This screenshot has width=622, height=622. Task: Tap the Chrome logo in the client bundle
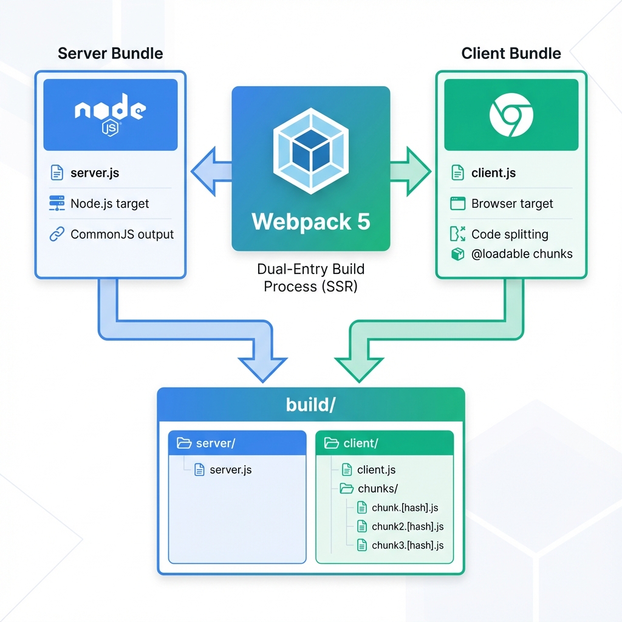[511, 114]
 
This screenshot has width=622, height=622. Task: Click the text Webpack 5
[310, 221]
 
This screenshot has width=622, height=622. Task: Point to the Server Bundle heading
[110, 53]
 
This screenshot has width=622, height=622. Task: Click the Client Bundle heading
[511, 53]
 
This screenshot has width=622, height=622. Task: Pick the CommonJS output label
[122, 234]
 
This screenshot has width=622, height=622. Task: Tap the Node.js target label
[109, 204]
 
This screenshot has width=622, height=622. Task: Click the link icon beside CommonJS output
[56, 234]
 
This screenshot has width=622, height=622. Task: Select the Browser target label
[512, 204]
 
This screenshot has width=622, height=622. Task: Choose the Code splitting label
[510, 234]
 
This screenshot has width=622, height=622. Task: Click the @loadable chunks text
[522, 254]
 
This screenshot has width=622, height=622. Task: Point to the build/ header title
[310, 405]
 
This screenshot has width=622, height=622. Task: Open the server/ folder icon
[184, 443]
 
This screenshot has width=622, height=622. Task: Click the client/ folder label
[360, 443]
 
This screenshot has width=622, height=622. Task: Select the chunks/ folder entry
[378, 488]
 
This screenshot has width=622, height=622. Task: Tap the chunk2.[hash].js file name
[408, 527]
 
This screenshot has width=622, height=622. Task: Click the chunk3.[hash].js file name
[408, 545]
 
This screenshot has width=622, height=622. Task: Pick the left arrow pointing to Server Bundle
[211, 173]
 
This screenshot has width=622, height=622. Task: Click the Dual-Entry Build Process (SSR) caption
[310, 278]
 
